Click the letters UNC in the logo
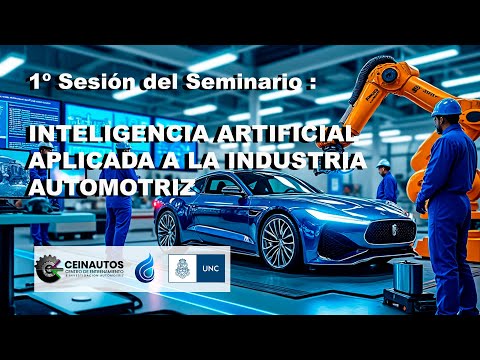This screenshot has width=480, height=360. [x=210, y=265]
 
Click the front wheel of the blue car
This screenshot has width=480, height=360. [x=278, y=243]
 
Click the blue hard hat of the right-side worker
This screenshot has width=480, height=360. [x=447, y=106]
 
